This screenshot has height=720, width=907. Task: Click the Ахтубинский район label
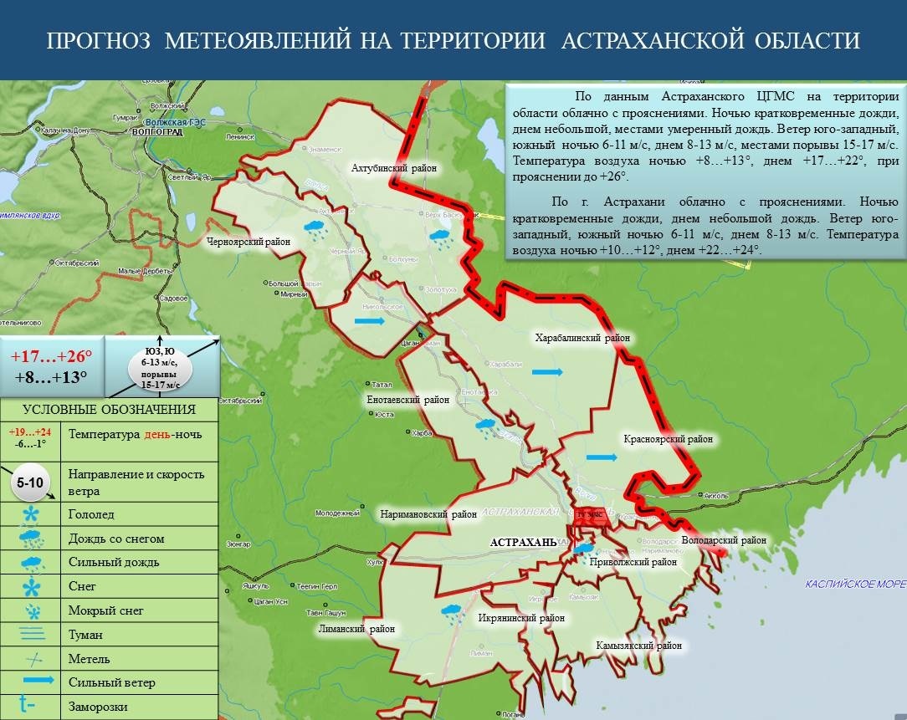tap(394, 168)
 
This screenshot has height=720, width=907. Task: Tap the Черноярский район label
tap(249, 242)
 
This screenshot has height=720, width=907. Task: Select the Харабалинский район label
tap(582, 338)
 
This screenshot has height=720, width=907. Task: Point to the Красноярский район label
tap(667, 438)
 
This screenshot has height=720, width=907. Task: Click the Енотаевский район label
tap(408, 400)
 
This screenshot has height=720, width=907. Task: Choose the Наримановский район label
tap(428, 514)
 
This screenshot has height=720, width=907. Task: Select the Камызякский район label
tap(638, 646)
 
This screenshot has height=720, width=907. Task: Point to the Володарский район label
tap(724, 540)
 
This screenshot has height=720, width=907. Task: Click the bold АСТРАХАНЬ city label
tap(523, 542)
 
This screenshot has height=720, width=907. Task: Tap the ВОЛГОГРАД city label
tap(157, 132)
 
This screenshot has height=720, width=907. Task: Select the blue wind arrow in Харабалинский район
tap(547, 371)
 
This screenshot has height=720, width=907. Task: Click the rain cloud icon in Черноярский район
tap(315, 229)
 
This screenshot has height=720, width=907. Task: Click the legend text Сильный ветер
tap(112, 682)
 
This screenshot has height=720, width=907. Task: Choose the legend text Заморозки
tap(99, 707)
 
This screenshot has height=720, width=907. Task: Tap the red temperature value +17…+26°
tap(51, 355)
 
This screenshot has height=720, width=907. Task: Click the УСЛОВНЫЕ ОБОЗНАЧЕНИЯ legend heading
tap(109, 409)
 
